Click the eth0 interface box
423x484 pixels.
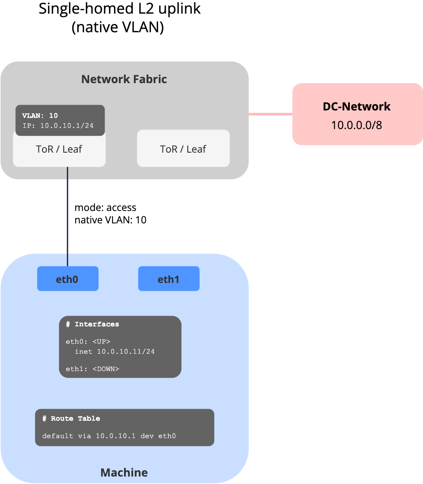[67, 279]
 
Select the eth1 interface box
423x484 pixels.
[169, 279]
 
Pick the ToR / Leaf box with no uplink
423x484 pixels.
[183, 149]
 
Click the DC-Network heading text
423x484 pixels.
[356, 106]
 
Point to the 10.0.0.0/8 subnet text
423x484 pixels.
[356, 125]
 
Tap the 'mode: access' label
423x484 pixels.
[105, 207]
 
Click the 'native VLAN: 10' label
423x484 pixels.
[110, 220]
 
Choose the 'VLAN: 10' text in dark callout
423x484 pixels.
[40, 116]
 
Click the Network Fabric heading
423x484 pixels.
[124, 79]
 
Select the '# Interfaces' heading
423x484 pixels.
[92, 324]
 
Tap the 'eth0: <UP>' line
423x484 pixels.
[88, 342]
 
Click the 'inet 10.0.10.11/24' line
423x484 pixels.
[115, 352]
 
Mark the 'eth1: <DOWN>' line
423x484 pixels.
[92, 369]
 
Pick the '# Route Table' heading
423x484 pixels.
[71, 419]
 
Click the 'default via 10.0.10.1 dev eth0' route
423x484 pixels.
[109, 436]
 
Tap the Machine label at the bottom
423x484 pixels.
[124, 472]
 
